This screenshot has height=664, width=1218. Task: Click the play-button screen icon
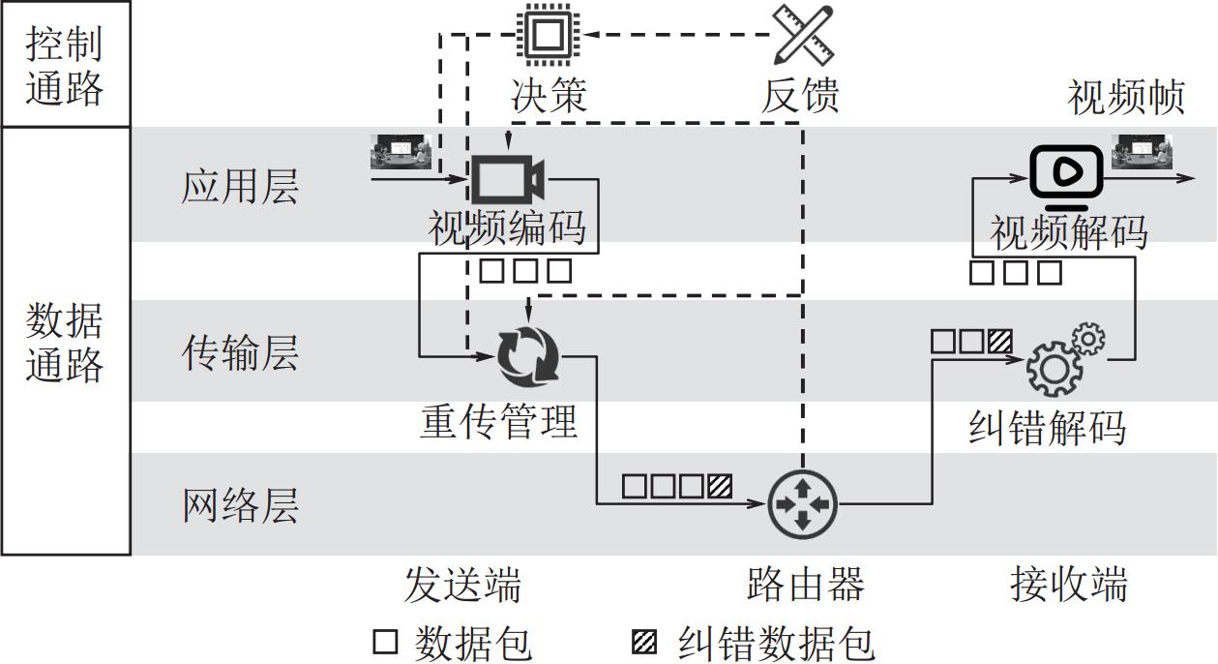pyautogui.click(x=1065, y=173)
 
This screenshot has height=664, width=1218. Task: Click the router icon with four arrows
pyautogui.click(x=802, y=504)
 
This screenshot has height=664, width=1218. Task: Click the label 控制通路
pyautogui.click(x=64, y=65)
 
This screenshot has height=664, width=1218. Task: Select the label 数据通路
pyautogui.click(x=64, y=342)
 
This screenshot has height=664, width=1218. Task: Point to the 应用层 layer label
pyautogui.click(x=240, y=185)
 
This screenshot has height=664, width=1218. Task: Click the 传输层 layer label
pyautogui.click(x=240, y=352)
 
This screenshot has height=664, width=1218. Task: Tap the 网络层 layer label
pyautogui.click(x=240, y=504)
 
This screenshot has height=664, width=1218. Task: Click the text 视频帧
pyautogui.click(x=1126, y=97)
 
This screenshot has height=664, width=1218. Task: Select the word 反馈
pyautogui.click(x=800, y=96)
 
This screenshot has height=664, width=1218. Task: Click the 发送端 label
pyautogui.click(x=462, y=585)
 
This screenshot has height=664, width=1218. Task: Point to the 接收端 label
pyautogui.click(x=1068, y=585)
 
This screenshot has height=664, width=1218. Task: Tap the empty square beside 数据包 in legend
pyautogui.click(x=385, y=642)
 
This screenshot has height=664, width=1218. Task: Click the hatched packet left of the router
pyautogui.click(x=720, y=485)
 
